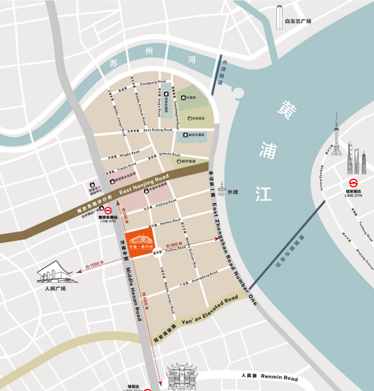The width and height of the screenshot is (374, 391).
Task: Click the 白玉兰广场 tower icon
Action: pos(280,16)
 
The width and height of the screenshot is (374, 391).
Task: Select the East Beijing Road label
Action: pos(158,131)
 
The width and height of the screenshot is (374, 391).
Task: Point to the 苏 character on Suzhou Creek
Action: pos(114,63)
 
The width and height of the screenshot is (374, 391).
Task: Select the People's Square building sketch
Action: pos(52,270)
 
